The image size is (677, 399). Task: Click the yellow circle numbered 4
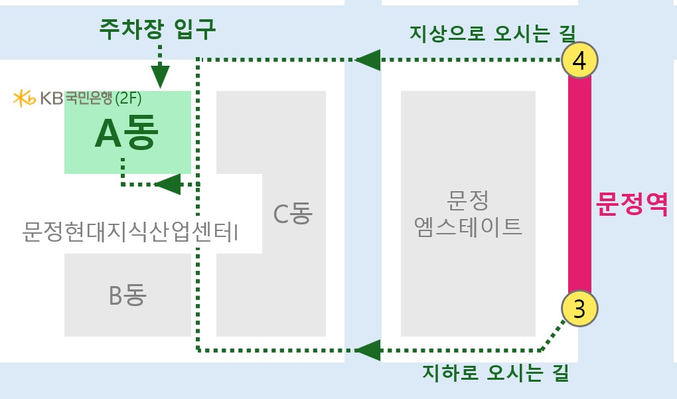point(579,60)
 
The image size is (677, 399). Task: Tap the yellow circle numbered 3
point(579,308)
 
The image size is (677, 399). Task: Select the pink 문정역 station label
point(632,203)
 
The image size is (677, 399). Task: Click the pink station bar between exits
point(579,185)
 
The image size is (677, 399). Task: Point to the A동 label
point(127,133)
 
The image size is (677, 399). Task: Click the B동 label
point(128,295)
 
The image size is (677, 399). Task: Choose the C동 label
point(293,213)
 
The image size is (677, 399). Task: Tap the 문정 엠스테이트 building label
point(468,213)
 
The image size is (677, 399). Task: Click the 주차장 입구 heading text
point(157,29)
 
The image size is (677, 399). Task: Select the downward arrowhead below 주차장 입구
point(160,77)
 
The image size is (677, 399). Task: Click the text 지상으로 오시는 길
point(492,33)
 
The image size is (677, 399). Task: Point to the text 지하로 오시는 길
point(495,372)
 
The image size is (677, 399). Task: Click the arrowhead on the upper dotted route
point(368,60)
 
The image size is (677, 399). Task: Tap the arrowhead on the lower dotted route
point(368,350)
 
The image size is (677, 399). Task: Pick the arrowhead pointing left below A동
point(167,185)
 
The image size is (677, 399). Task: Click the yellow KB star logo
point(24,98)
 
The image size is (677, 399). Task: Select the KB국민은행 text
point(76,98)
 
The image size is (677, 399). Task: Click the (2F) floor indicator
point(128,98)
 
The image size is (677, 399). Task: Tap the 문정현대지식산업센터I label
point(130,232)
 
